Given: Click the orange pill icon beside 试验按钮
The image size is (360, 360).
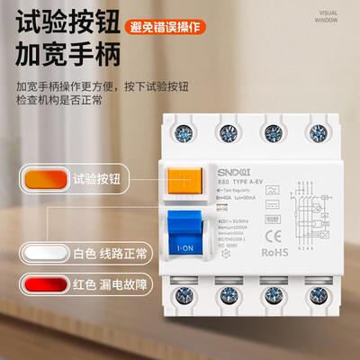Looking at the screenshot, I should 37,178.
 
